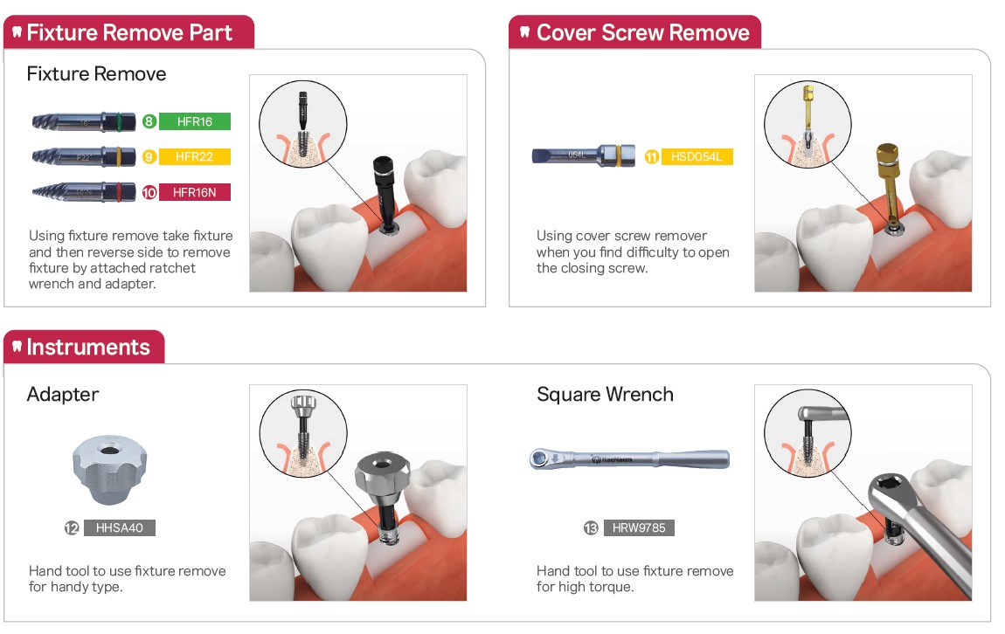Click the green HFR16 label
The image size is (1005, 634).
pos(194,121)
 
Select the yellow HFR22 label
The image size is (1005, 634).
pos(194,156)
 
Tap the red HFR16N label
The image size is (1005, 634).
pos(194,192)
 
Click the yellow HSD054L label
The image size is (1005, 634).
pos(697,156)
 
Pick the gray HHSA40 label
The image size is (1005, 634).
pos(119,527)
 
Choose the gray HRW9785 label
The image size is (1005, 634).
pos(638,527)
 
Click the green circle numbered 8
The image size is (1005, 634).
pos(149,121)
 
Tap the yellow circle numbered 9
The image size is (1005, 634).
pos(149,156)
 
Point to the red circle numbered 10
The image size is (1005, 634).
pos(149,192)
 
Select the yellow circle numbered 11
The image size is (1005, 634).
pos(652,156)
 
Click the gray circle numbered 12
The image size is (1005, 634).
pos(72,527)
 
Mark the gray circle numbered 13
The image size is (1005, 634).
pos(591,527)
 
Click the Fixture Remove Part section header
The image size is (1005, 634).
pos(128,32)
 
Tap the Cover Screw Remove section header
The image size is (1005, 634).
pos(635,32)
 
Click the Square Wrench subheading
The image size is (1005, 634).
pos(605,394)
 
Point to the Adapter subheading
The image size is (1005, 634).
pos(63,395)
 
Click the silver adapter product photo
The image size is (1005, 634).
pos(109,470)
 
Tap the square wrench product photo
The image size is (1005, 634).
pos(629,458)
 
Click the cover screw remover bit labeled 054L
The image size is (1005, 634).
pos(583,155)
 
